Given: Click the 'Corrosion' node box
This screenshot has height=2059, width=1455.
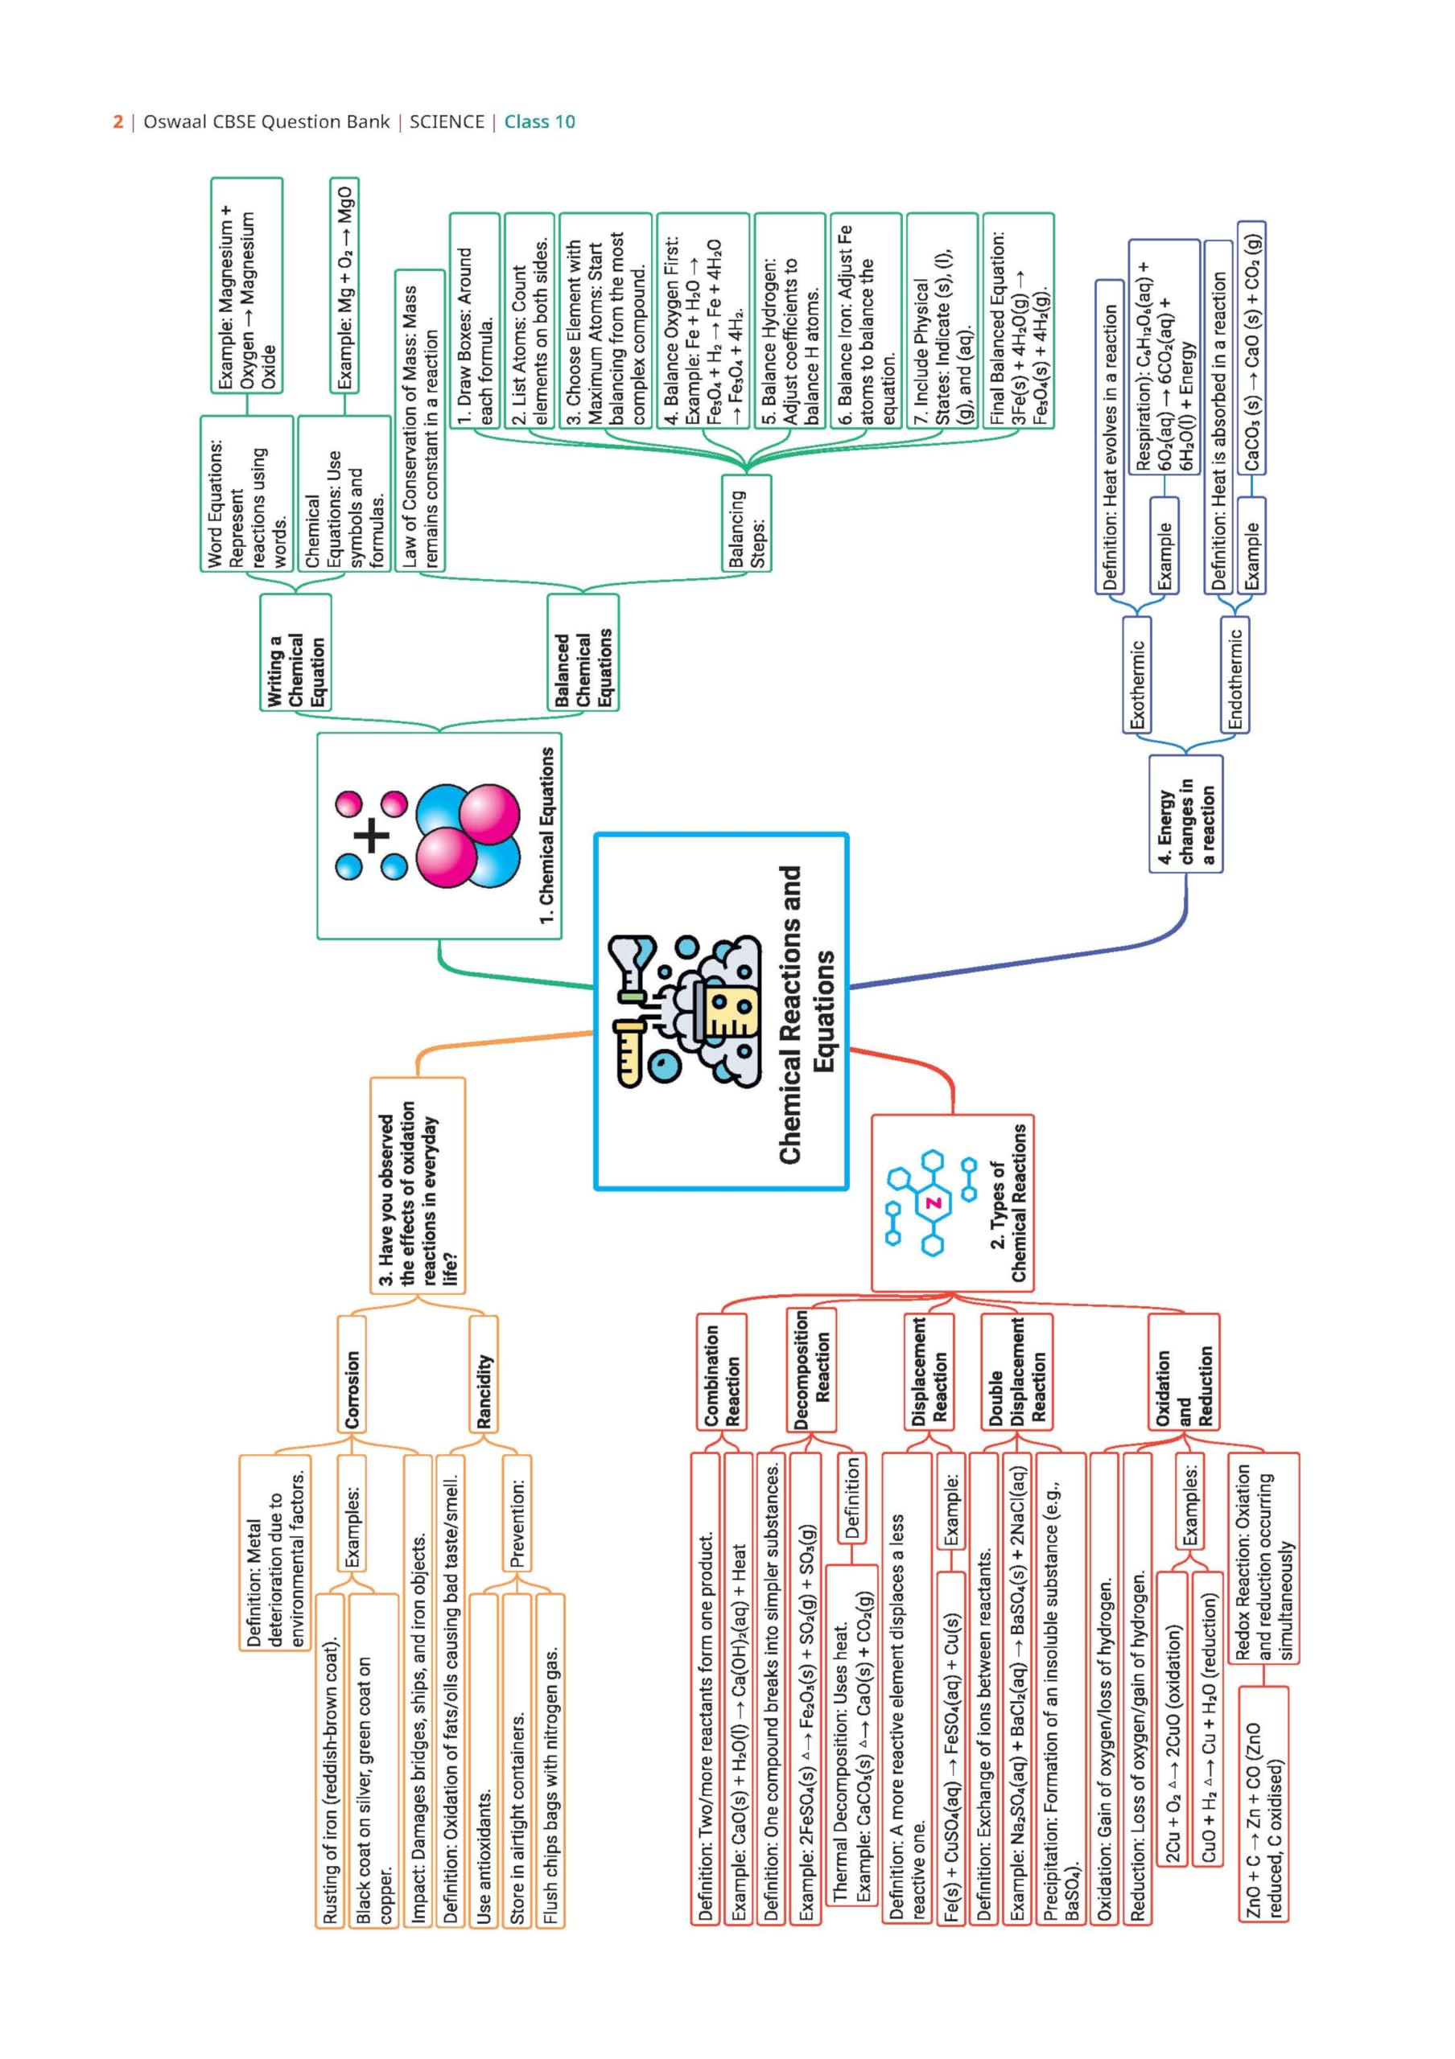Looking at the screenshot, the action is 352,1373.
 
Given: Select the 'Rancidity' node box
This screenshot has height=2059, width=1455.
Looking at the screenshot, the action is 484,1373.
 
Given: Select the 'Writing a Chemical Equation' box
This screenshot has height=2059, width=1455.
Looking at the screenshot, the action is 295,652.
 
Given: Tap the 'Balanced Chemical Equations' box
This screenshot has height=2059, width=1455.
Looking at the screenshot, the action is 583,652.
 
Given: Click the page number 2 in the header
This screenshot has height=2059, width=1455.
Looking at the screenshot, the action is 117,122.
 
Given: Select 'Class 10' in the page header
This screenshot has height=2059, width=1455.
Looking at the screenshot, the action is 539,122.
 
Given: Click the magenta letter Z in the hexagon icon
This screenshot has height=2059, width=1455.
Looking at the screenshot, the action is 934,1202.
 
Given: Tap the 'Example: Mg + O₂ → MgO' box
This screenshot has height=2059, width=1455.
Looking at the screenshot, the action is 345,286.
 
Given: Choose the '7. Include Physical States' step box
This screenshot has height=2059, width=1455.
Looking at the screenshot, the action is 941,321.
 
